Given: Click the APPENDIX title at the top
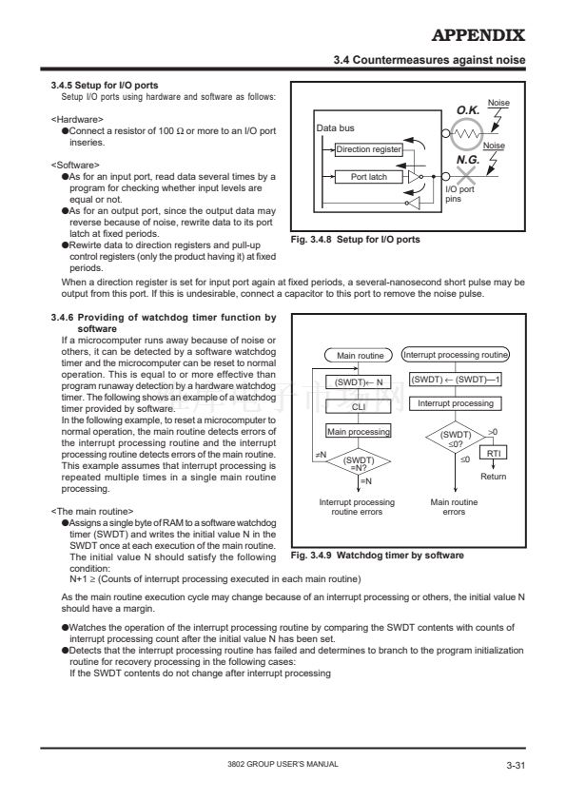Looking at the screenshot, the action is point(478,35).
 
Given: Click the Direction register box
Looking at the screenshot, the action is point(369,149).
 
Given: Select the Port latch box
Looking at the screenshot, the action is point(369,177).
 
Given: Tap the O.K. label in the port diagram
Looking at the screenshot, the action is point(468,110).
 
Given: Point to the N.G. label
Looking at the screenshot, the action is point(468,160).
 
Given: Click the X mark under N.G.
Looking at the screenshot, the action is point(465,176).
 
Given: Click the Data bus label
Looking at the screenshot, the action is point(335,128).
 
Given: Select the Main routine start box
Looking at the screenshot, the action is point(359,356).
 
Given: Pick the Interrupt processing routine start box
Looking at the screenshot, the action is point(456,355).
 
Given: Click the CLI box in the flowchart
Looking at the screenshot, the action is point(359,406).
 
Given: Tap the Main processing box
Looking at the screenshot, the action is point(359,432).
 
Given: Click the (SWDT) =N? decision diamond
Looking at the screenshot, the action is point(359,461).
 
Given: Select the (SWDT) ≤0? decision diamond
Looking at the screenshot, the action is point(456,438).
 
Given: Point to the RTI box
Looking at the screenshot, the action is point(494,453).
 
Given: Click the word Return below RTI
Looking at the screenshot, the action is point(494,477).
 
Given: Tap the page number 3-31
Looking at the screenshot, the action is point(516,765).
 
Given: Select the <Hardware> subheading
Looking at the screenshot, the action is point(77,120).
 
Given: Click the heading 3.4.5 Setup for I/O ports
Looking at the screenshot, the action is point(105,86).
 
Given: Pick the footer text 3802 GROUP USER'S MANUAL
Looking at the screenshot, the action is point(283,764).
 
